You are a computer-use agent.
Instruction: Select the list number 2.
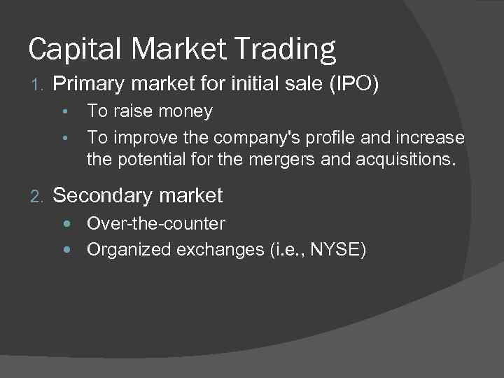[x=36, y=197]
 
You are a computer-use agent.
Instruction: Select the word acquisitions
[x=404, y=160]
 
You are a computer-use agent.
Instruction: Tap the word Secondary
[x=104, y=196]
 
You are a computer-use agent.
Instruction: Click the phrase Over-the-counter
[x=156, y=224]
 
